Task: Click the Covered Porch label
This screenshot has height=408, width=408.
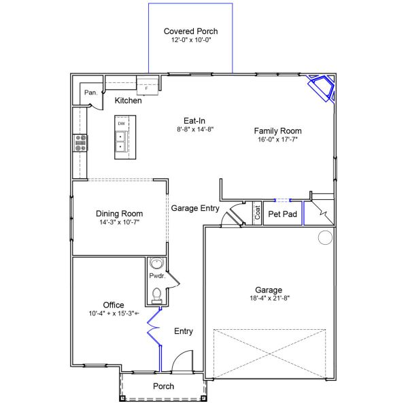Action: coord(190,31)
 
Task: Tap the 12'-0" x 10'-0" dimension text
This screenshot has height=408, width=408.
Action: coord(191,40)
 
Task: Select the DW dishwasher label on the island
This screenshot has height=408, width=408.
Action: coord(122,124)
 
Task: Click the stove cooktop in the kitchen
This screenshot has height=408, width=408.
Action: coord(80,143)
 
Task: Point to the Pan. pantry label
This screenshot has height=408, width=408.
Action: coord(91,92)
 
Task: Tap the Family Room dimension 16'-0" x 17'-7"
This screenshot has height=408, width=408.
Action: coord(277,139)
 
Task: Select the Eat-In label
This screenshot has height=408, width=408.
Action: coord(194,121)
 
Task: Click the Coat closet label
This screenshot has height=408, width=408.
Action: coord(257,213)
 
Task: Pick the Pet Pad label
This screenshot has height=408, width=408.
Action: coord(283,214)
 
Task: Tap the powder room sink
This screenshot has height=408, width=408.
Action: coord(156,263)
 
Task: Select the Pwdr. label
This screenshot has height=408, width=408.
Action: coord(157,276)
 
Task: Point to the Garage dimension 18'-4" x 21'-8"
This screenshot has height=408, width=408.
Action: coord(270,299)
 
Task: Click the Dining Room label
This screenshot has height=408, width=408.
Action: coord(120,214)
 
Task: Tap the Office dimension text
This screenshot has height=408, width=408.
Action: coord(114,313)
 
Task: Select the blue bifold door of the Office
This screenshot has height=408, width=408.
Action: coord(154,326)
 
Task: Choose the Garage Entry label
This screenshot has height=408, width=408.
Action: coord(195,208)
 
